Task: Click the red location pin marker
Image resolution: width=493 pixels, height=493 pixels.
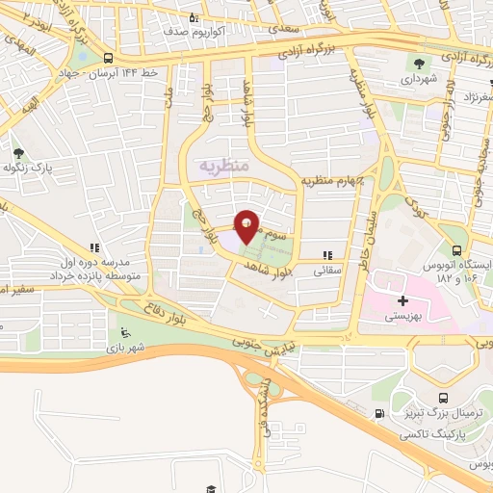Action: (x=246, y=226)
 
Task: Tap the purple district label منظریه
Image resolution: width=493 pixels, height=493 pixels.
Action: (x=223, y=167)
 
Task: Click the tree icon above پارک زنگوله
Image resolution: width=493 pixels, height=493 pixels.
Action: (x=17, y=153)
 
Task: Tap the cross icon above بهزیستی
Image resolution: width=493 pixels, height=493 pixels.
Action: (x=402, y=301)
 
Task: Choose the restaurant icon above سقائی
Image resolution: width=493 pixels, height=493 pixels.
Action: (x=327, y=255)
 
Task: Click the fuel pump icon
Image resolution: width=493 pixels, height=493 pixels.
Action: (x=378, y=414)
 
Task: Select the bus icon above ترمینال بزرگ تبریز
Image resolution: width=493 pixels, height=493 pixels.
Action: (x=442, y=398)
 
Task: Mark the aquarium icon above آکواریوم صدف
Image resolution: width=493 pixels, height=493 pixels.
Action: (x=193, y=16)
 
